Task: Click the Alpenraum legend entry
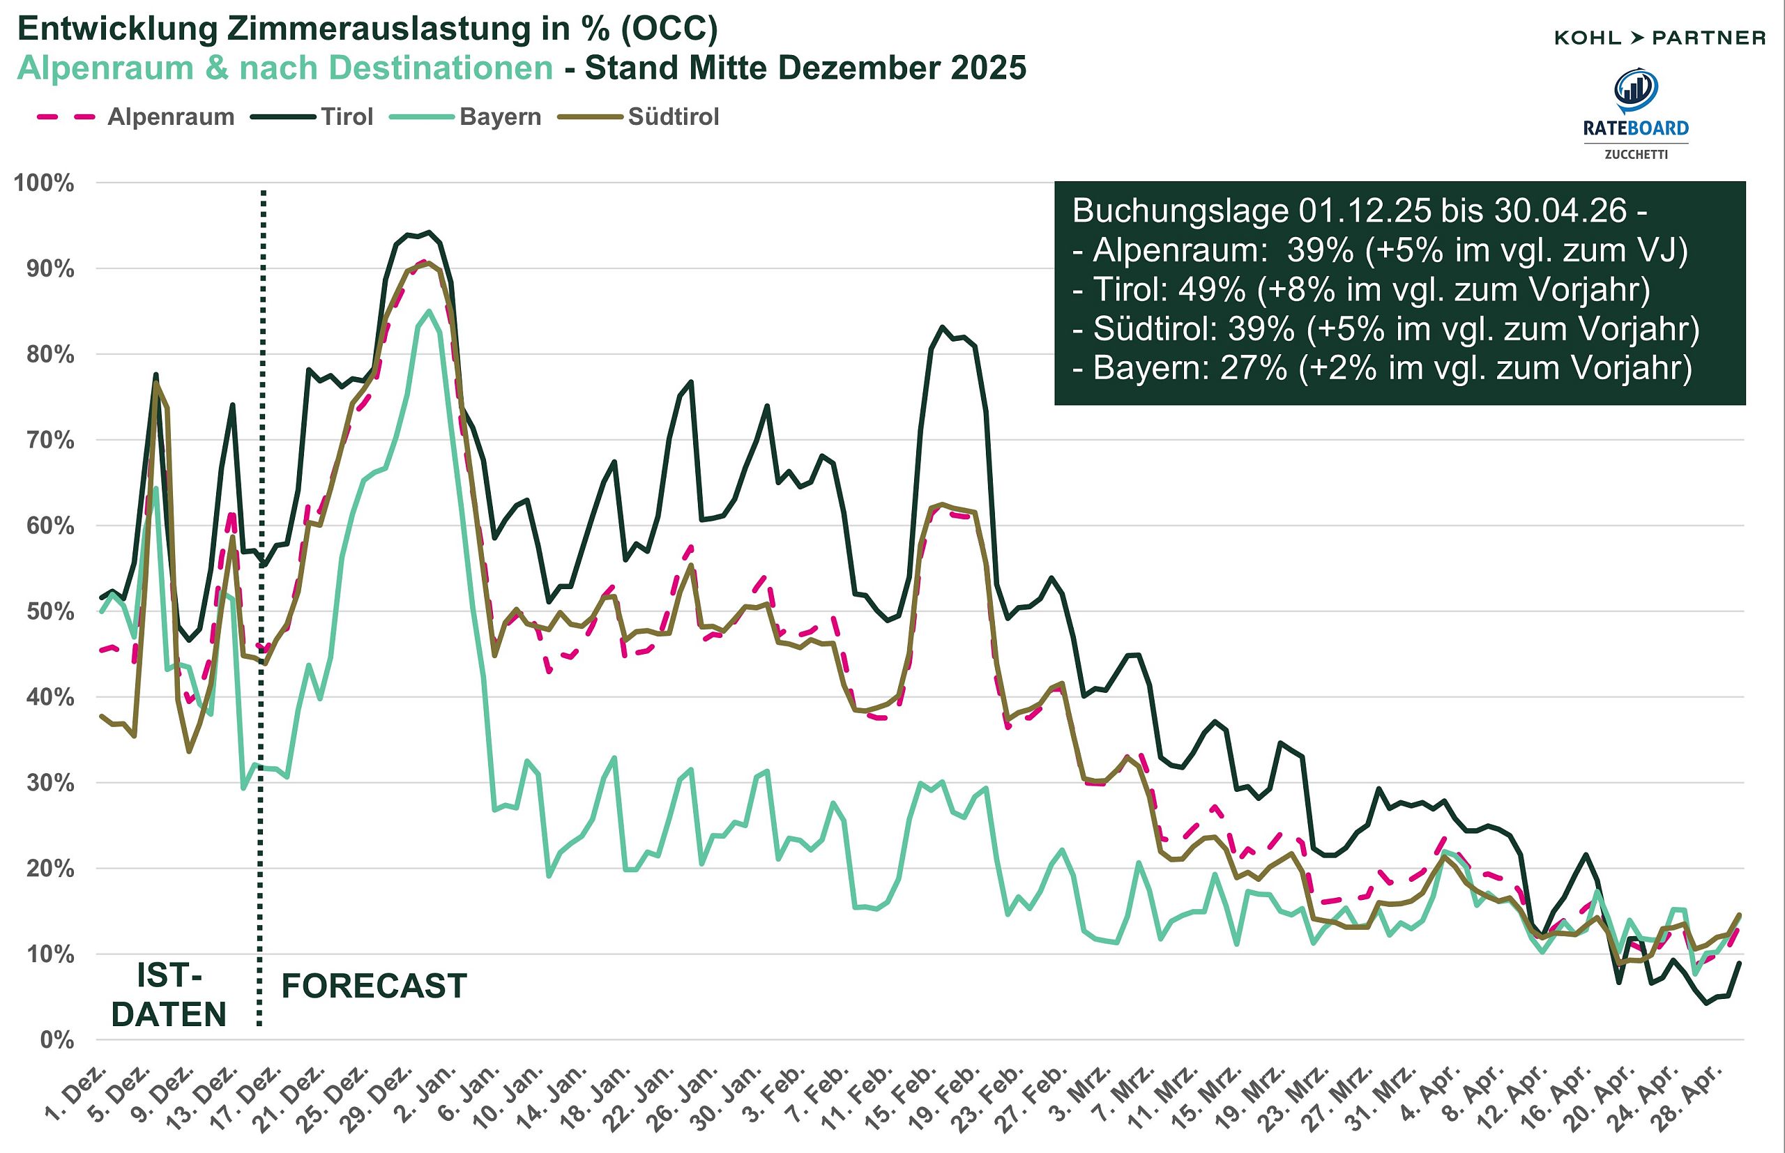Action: tap(171, 117)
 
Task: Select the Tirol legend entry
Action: tap(347, 117)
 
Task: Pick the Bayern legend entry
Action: tap(499, 117)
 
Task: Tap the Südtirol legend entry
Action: tap(673, 117)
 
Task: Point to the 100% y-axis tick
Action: tap(44, 183)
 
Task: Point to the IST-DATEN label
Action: tap(169, 995)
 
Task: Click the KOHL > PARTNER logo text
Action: tap(1659, 38)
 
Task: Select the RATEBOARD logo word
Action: tap(1635, 128)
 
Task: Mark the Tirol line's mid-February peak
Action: tap(942, 327)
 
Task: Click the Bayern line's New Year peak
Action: tap(428, 311)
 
